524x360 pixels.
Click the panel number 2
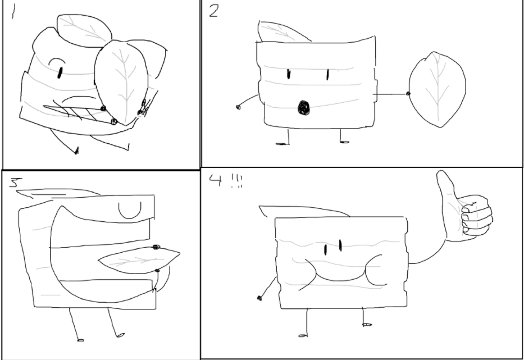click(x=213, y=11)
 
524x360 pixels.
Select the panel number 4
click(x=215, y=180)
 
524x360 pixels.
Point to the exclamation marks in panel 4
click(x=236, y=182)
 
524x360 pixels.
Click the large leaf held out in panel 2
click(x=438, y=89)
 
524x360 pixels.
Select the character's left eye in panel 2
click(x=289, y=74)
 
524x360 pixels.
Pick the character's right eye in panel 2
click(x=327, y=74)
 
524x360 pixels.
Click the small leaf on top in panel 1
click(x=82, y=28)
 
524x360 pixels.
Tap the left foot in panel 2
click(x=281, y=144)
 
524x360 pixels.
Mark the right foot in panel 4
click(x=366, y=324)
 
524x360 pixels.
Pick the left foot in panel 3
click(x=80, y=339)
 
